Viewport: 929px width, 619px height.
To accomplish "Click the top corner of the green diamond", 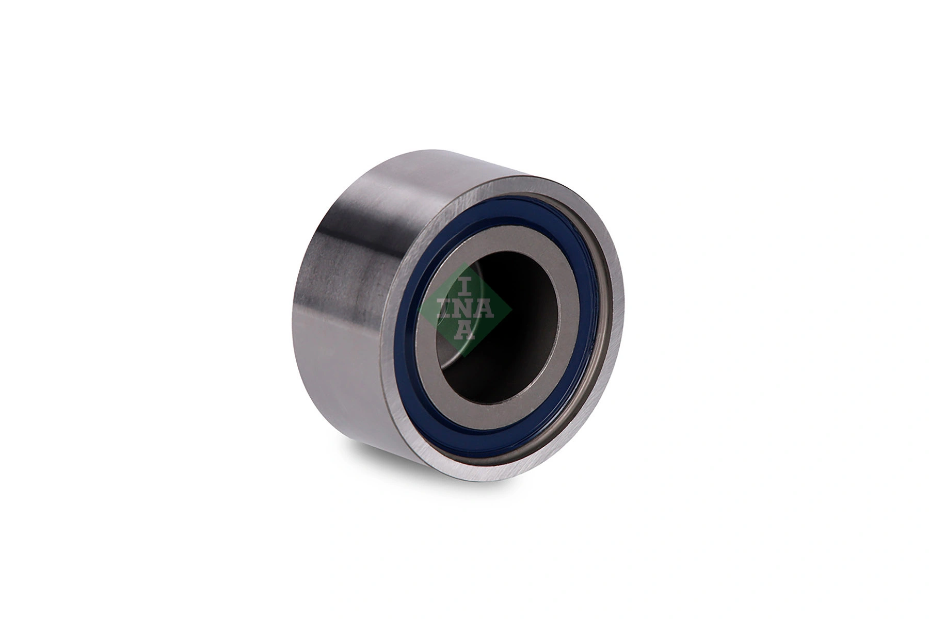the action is tap(466, 264).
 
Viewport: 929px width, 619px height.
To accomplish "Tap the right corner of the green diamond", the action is tap(511, 310).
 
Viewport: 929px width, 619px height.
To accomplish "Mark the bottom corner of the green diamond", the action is tap(466, 356).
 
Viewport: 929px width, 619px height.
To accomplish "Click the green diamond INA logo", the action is tap(466, 310).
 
